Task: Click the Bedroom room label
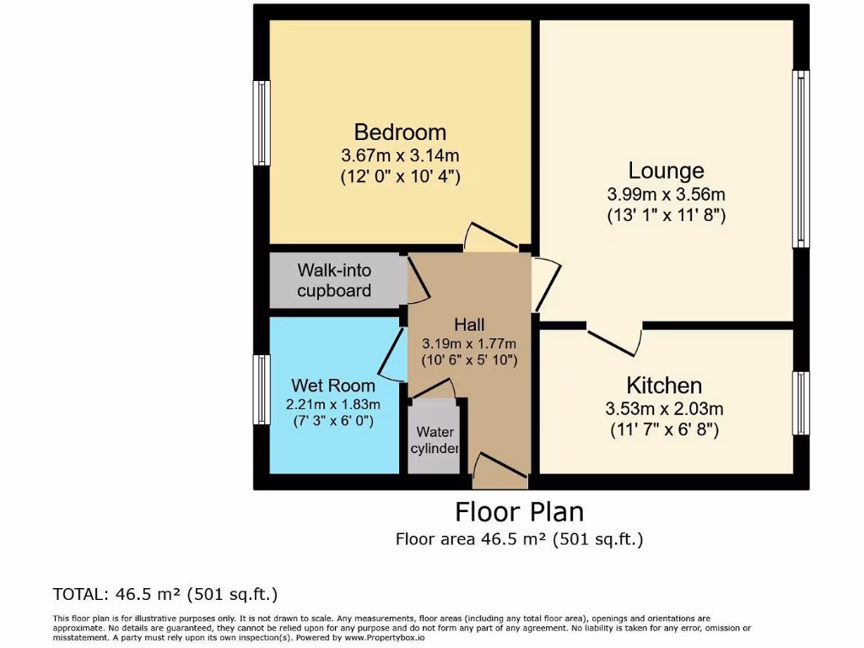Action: point(400,132)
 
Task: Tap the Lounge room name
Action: point(666,171)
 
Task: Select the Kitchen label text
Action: point(664,386)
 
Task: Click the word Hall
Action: point(469,324)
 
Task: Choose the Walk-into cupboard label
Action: point(334,281)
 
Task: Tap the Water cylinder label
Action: point(435,440)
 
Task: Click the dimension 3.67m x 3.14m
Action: point(400,155)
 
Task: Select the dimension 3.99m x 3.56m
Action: point(666,194)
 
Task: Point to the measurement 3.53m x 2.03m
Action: point(664,409)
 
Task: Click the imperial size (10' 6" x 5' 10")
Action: point(469,359)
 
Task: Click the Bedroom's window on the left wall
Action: point(262,123)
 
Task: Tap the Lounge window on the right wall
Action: point(800,159)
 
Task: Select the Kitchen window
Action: point(800,402)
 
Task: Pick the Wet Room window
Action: point(262,389)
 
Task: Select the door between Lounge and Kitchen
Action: point(614,337)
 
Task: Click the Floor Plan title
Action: point(519,512)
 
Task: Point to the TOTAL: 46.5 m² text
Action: point(165,593)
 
